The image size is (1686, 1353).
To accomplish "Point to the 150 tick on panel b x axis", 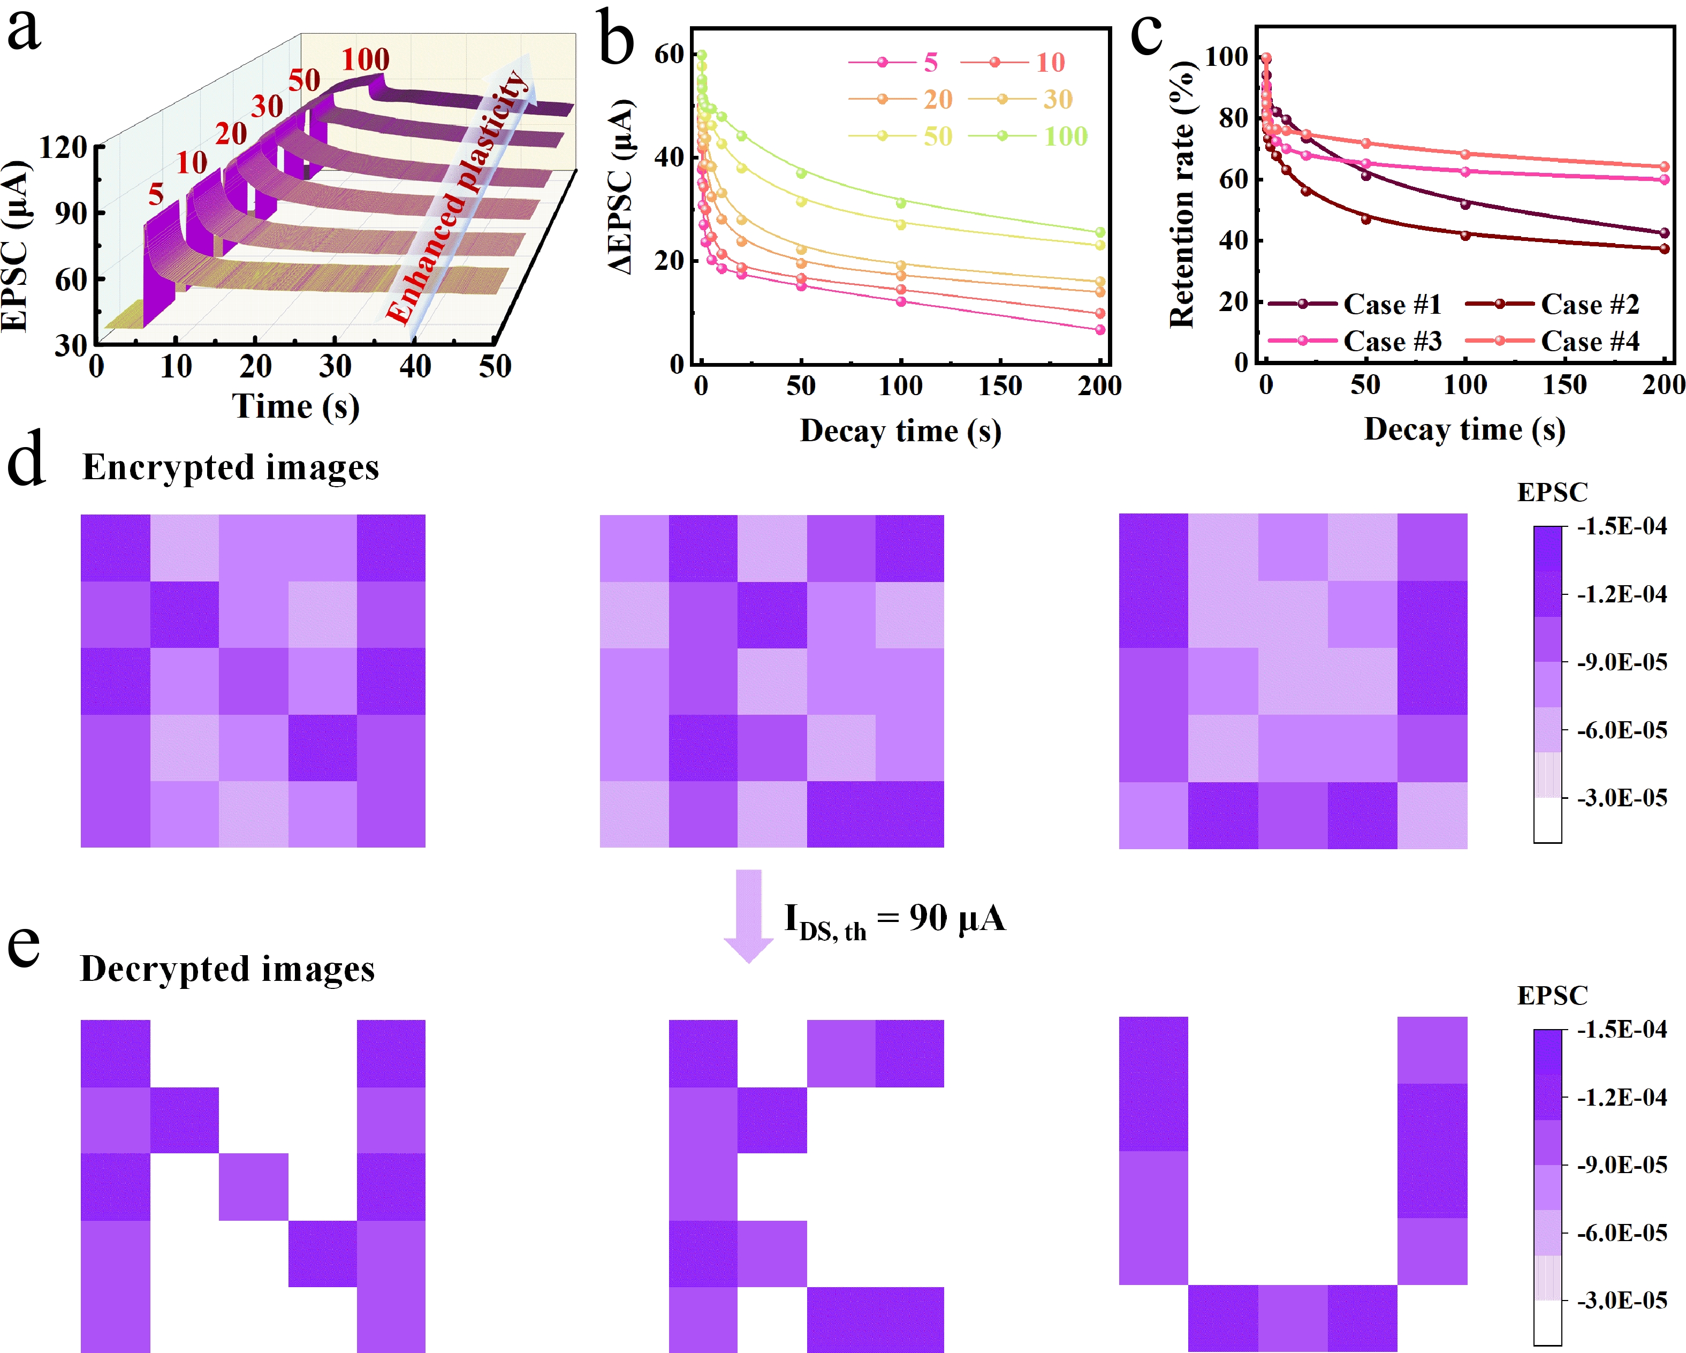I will pyautogui.click(x=1000, y=386).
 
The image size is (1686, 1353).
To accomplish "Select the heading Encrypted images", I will pyautogui.click(x=231, y=467).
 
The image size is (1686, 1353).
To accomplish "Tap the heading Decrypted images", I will pyautogui.click(x=227, y=969).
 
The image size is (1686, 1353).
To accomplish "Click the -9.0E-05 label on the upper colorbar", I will pyautogui.click(x=1622, y=662).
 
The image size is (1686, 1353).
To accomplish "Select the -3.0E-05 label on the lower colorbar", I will pyautogui.click(x=1622, y=1301).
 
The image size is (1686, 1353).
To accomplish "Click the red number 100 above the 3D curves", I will pyautogui.click(x=365, y=59).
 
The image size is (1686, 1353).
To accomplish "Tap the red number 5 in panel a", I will pyautogui.click(x=156, y=194).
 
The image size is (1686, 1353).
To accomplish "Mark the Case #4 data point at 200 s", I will pyautogui.click(x=1664, y=167).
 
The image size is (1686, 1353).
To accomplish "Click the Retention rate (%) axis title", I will pyautogui.click(x=1182, y=195).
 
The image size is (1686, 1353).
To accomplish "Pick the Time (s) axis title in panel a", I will pyautogui.click(x=295, y=407).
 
